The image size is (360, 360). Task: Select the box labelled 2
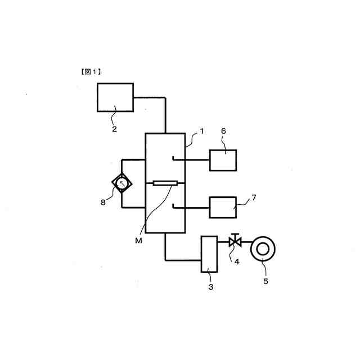tap(115, 97)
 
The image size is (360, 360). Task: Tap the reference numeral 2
tap(114, 129)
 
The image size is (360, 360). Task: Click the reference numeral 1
tap(201, 132)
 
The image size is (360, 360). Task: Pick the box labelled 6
tap(223, 160)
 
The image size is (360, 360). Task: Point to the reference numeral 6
tap(223, 131)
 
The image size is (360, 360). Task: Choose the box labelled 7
tap(223, 207)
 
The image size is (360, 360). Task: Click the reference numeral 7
tap(253, 198)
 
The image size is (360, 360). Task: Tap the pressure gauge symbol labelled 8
tap(121, 183)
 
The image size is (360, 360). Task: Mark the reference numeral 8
tap(103, 202)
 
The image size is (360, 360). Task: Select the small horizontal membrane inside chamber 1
tap(165, 183)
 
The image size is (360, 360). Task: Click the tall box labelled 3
tap(209, 254)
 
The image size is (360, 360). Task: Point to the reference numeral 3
tap(210, 287)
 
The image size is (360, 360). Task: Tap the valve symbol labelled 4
tap(235, 242)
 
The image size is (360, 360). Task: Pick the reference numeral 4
tap(237, 262)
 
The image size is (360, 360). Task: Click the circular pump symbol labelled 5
tap(262, 249)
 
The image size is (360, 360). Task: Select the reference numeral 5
tap(265, 281)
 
